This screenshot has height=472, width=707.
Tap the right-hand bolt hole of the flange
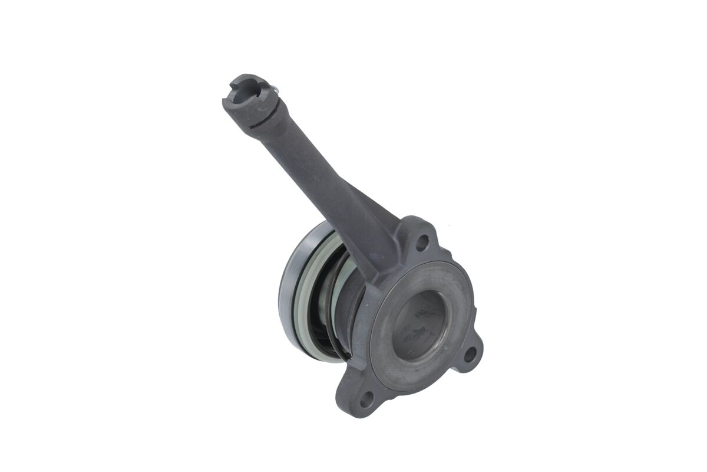(470, 354)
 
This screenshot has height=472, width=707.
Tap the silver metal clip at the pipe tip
(275, 89)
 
